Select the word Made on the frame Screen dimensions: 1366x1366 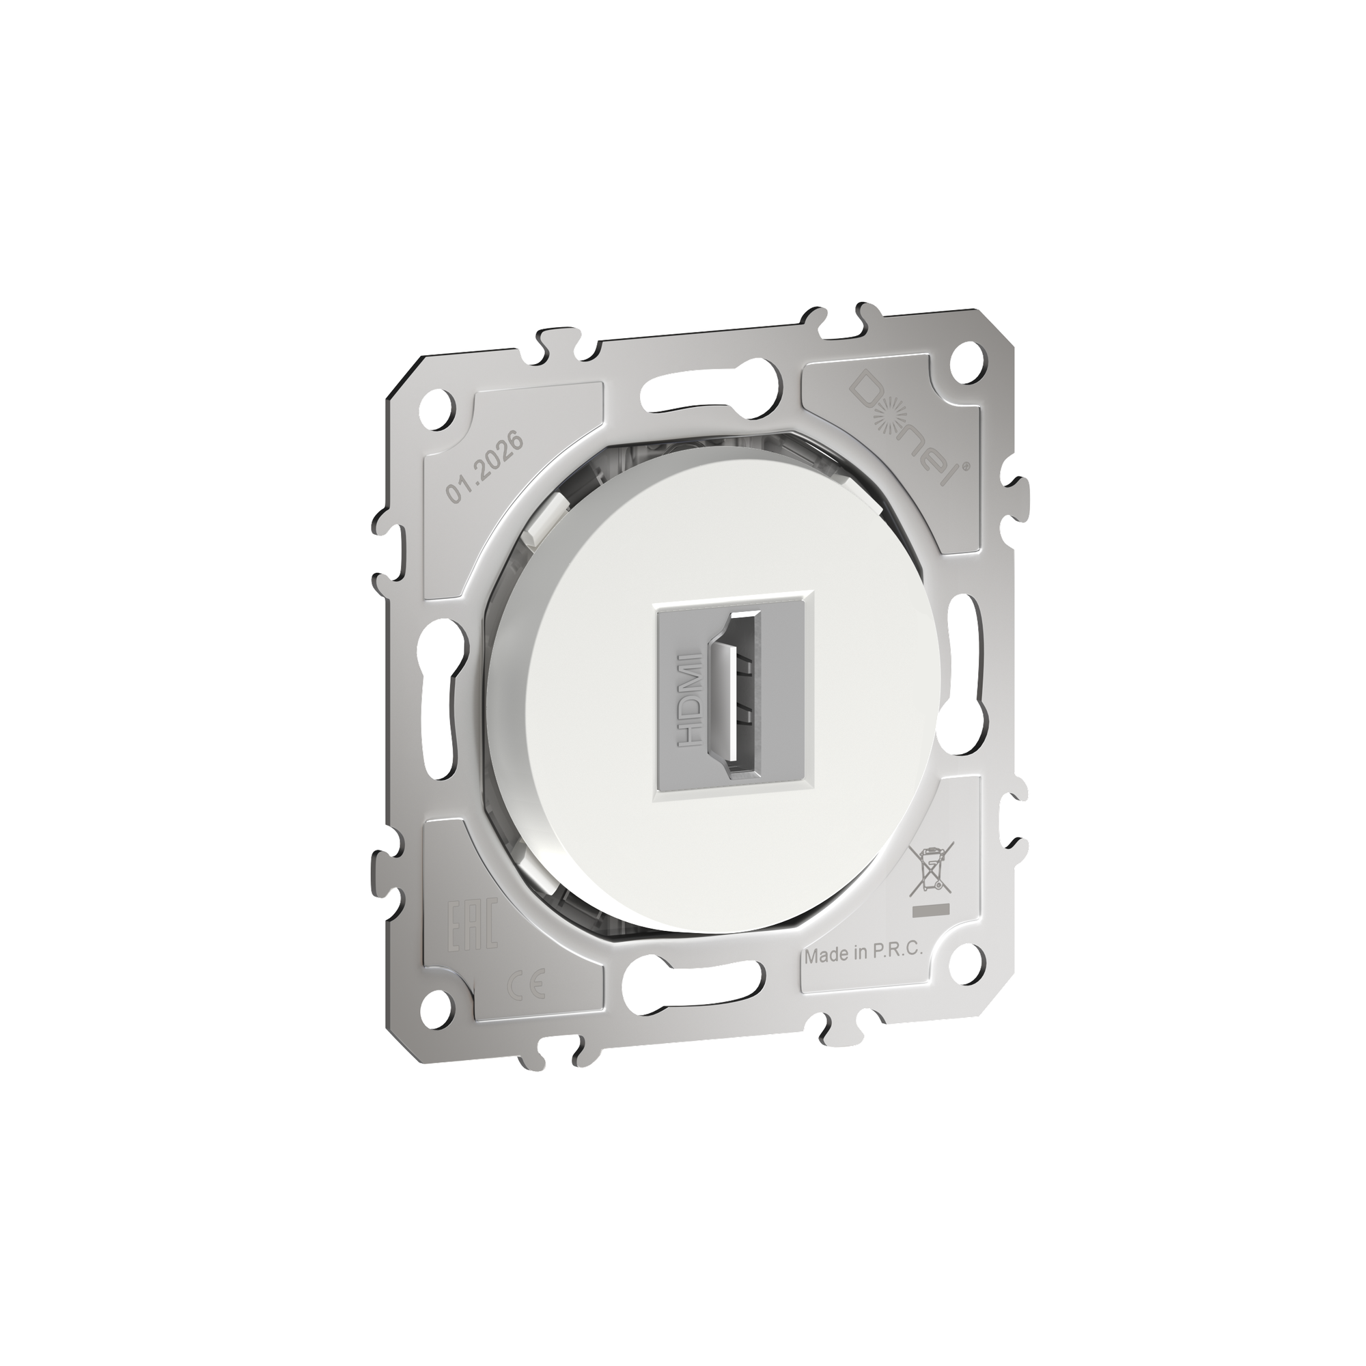(x=826, y=956)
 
